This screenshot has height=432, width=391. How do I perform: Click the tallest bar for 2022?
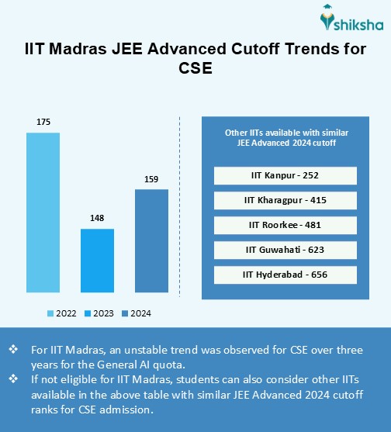point(43,213)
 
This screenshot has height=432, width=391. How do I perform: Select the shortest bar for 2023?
point(97,261)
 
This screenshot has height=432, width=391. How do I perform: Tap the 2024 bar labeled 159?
point(151,241)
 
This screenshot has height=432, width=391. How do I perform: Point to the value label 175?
point(43,122)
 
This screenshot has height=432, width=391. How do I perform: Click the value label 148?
point(97,218)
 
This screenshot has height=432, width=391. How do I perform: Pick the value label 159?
point(151,179)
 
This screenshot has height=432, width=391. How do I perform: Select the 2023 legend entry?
point(99,313)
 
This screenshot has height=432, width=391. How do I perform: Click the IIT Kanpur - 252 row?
point(284,175)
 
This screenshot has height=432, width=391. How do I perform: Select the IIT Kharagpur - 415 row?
point(284,200)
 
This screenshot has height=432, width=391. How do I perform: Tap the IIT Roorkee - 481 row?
point(284,225)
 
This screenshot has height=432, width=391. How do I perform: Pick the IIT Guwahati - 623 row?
point(284,250)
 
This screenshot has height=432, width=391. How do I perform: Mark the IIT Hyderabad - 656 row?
point(284,275)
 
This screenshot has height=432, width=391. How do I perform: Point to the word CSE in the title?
point(195,69)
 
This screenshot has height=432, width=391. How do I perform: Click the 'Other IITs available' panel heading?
point(284,137)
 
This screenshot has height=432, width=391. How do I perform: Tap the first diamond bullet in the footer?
point(13,350)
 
